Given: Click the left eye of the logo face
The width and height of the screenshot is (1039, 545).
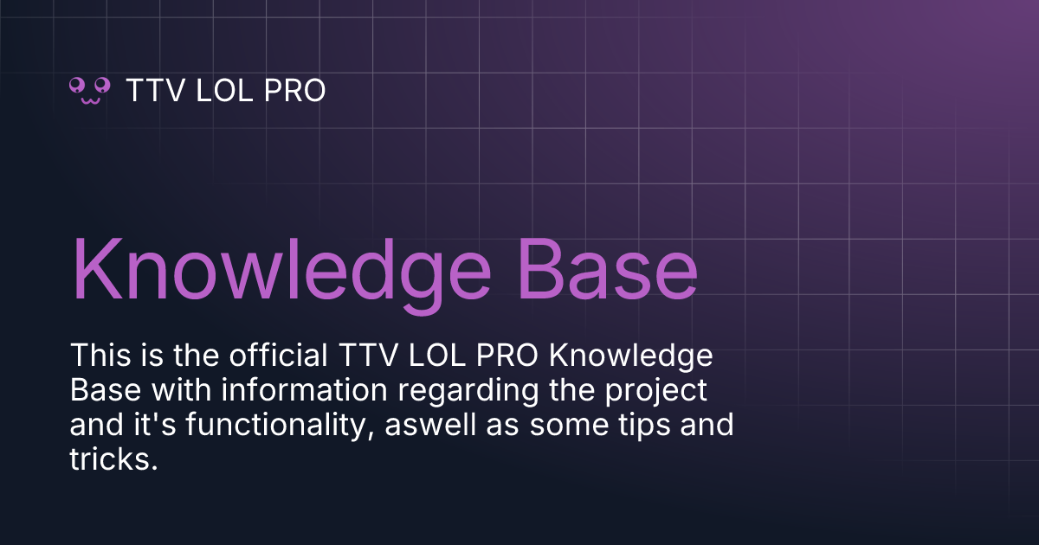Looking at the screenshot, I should pyautogui.click(x=77, y=85).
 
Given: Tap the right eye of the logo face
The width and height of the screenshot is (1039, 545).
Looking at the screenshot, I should pyautogui.click(x=103, y=85).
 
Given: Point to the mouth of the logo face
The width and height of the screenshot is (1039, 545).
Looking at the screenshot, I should pyautogui.click(x=90, y=99).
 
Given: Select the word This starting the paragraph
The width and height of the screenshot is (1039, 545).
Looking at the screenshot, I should pyautogui.click(x=96, y=356).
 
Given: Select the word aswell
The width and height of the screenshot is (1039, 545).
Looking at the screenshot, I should pyautogui.click(x=432, y=426).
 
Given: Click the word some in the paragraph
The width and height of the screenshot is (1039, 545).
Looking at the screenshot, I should pyautogui.click(x=571, y=426).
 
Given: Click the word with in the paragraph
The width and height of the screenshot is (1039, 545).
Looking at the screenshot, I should pyautogui.click(x=178, y=391).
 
